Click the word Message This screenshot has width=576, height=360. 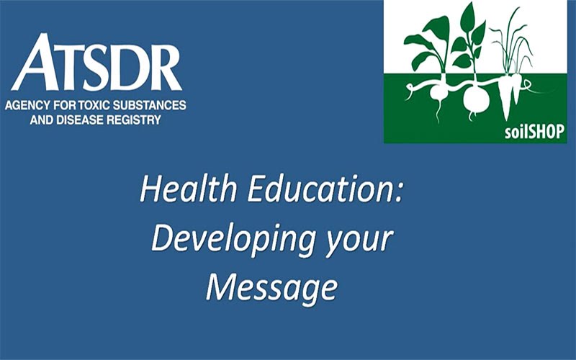point(271,287)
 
